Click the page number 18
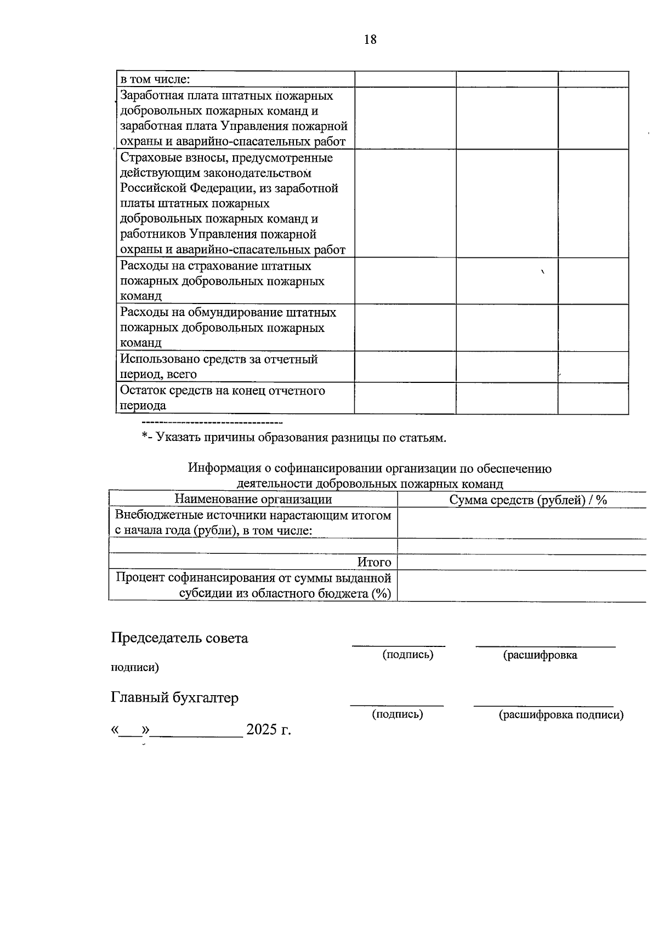pyautogui.click(x=370, y=39)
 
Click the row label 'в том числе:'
pyautogui.click(x=155, y=79)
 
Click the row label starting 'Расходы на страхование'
pyautogui.click(x=215, y=266)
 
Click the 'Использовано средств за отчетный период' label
pyautogui.click(x=219, y=366)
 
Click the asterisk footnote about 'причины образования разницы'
pyautogui.click(x=294, y=438)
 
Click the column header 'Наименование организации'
pyautogui.click(x=253, y=499)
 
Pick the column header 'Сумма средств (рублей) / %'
pyautogui.click(x=527, y=500)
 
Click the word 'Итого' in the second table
pyautogui.click(x=374, y=562)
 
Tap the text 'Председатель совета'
pyautogui.click(x=179, y=638)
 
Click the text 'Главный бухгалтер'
pyautogui.click(x=175, y=698)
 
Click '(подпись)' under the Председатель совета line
pyautogui.click(x=408, y=655)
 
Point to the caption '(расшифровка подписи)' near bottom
pyautogui.click(x=560, y=715)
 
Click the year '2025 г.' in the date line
pyautogui.click(x=268, y=730)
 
